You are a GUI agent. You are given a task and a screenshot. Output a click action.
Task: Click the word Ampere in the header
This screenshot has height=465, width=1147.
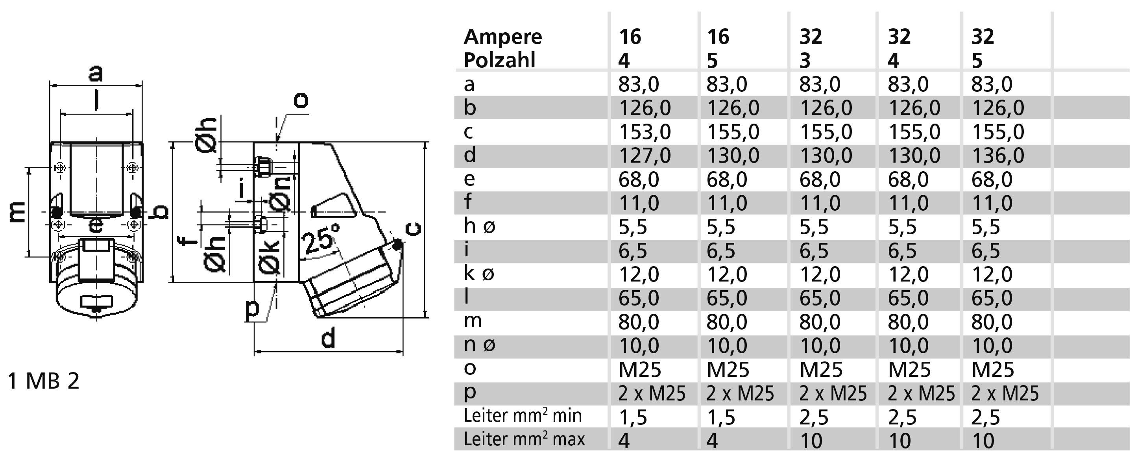pyautogui.click(x=503, y=37)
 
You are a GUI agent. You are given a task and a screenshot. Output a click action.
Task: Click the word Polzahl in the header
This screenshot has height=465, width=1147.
pyautogui.click(x=499, y=60)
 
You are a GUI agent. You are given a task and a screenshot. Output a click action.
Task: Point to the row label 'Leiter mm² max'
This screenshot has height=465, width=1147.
pyautogui.click(x=524, y=439)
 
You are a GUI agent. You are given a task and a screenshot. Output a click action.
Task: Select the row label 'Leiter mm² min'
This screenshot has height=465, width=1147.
pyautogui.click(x=522, y=415)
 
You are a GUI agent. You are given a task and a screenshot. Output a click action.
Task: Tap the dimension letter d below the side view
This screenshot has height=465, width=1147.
pyautogui.click(x=328, y=339)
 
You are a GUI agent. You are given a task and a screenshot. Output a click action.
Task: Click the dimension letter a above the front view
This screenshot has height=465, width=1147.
pyautogui.click(x=95, y=72)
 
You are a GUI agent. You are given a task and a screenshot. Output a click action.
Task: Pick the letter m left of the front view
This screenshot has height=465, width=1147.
pyautogui.click(x=17, y=212)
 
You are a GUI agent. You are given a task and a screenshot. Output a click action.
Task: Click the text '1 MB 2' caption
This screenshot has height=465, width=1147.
pyautogui.click(x=44, y=381)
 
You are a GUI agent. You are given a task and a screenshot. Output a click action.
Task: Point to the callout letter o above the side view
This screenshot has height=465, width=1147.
pyautogui.click(x=301, y=101)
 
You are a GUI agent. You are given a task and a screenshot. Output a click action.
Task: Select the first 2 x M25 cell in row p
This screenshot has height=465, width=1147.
pyautogui.click(x=652, y=393)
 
